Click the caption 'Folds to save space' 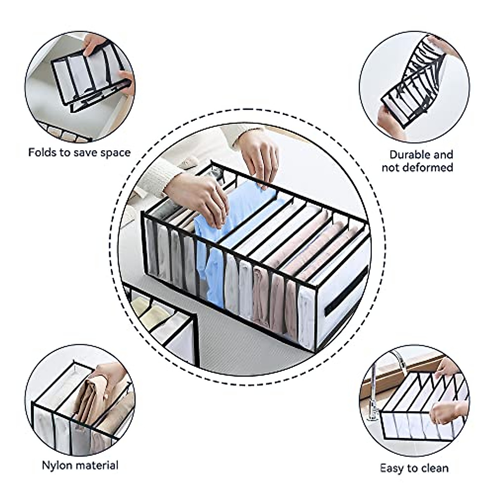point(79,152)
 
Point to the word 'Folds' point(43,152)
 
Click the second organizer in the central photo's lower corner point(165,325)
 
